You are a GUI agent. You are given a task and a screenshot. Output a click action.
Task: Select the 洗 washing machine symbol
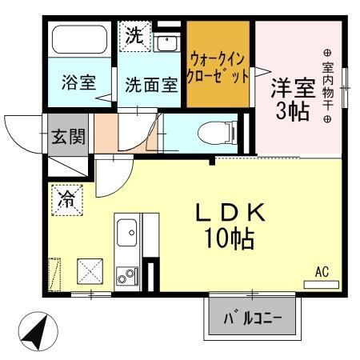[x=135, y=35]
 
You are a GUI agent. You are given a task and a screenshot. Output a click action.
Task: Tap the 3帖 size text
[x=292, y=111]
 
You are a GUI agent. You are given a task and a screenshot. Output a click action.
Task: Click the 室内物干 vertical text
[x=326, y=81]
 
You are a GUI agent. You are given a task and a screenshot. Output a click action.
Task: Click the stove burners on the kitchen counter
[x=127, y=277]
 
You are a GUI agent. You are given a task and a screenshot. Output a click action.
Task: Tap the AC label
[x=322, y=272]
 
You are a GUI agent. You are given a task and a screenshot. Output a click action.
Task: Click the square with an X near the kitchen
[x=88, y=271]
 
